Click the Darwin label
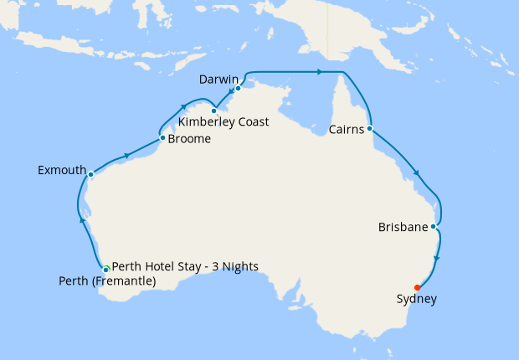click(219, 80)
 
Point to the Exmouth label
click(62, 171)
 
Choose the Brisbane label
click(403, 228)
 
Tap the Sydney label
click(416, 299)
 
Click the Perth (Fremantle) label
click(107, 281)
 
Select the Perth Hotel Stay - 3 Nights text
click(184, 267)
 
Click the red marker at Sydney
click(417, 288)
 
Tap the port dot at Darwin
click(239, 88)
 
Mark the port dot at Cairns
click(369, 129)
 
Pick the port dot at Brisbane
click(433, 226)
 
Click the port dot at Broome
click(162, 138)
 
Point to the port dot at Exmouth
click(90, 175)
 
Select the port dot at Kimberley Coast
click(214, 111)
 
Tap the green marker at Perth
click(106, 268)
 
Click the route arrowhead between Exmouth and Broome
click(126, 155)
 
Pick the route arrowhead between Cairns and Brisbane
click(416, 174)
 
